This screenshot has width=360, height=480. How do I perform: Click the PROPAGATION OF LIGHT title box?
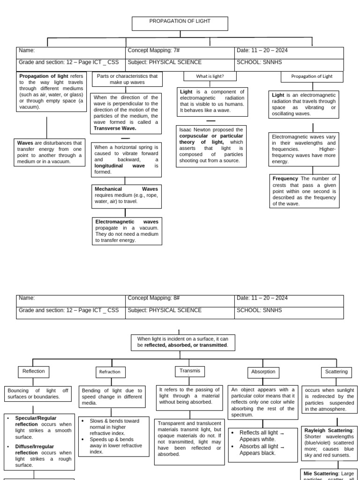[x=180, y=23]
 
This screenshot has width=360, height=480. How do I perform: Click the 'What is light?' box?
[x=210, y=76]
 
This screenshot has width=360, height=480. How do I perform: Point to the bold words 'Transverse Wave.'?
[x=115, y=128]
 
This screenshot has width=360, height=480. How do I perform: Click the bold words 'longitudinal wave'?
[x=120, y=165]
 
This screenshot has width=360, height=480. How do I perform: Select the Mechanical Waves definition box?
[x=127, y=195]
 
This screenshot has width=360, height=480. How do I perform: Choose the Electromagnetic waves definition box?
[x=127, y=231]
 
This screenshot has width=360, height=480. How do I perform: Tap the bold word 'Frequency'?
[x=285, y=179]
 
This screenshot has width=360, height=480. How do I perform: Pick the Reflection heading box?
[x=33, y=371]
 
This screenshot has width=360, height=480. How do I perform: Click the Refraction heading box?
[x=110, y=372]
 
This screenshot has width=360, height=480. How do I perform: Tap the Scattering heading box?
[x=337, y=372]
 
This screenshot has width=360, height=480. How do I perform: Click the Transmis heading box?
[x=190, y=371]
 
